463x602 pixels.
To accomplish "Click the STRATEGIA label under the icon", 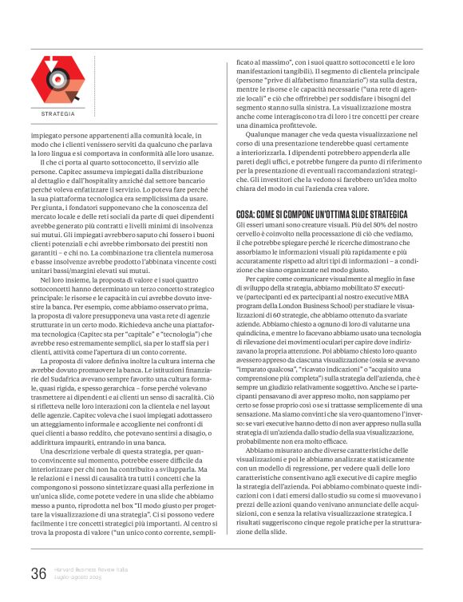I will [x=57, y=114].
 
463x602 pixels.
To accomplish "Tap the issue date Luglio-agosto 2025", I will [x=77, y=576].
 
